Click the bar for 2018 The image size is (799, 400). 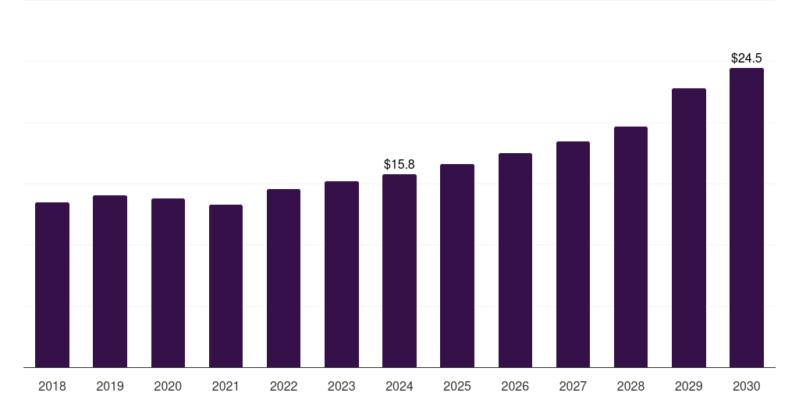pos(52,284)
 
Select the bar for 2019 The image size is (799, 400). pos(110,281)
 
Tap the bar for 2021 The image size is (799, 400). pos(225,286)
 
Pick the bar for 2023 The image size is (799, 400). pos(342,274)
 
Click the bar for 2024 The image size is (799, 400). pos(399,271)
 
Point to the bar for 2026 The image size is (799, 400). pos(515,260)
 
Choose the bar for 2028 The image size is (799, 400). pos(630,247)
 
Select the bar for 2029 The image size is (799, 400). pos(689,228)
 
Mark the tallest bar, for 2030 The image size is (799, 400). pos(747,218)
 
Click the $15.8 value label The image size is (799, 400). pos(399,164)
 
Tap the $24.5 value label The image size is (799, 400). pos(747,58)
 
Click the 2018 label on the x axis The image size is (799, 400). pos(52,386)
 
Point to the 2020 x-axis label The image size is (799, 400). pos(168,386)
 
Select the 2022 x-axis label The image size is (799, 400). pos(283,386)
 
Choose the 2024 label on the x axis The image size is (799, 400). pos(399,386)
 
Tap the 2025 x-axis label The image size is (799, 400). pos(457,386)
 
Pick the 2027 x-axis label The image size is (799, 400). pos(573,386)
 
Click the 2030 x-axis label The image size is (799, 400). pos(747,386)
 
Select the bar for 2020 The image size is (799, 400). pos(168,283)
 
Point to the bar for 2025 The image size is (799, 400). pos(457,266)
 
